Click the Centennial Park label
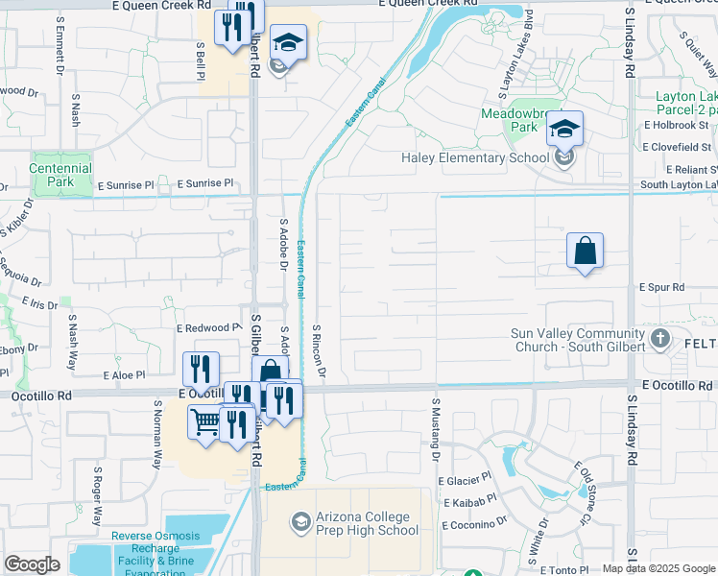60,174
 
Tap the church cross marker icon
660,338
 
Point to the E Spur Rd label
662,287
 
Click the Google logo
32,564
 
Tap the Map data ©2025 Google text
658,568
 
